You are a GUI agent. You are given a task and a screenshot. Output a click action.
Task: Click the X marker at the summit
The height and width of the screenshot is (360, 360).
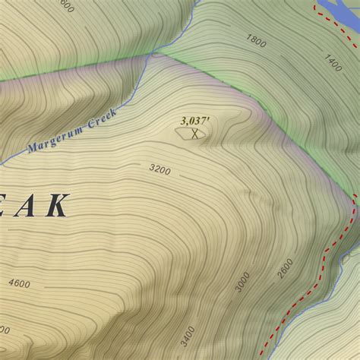(x=196, y=134)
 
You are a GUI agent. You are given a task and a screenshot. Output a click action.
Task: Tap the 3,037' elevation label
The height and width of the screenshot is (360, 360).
(x=195, y=121)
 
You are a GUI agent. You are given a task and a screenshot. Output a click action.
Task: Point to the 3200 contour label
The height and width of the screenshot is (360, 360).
(x=159, y=169)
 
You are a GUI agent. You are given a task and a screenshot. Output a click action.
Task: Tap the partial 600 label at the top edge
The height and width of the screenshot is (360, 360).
(x=66, y=7)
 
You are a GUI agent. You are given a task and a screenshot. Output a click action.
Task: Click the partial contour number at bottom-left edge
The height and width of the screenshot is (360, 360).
(x=4, y=351)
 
